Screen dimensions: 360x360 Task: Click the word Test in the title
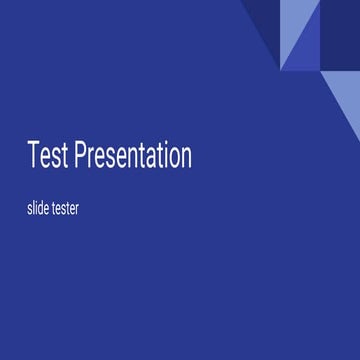(x=47, y=156)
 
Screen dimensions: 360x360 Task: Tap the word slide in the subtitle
(x=41, y=211)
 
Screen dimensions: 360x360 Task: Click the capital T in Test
(x=34, y=156)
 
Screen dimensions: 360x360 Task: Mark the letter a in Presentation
(x=147, y=158)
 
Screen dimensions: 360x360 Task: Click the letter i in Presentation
(x=162, y=155)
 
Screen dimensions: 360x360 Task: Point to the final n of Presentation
(x=185, y=158)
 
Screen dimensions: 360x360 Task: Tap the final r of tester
(x=91, y=212)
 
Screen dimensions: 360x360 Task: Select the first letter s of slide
(x=30, y=212)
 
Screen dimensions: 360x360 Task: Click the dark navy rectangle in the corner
(x=341, y=35)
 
